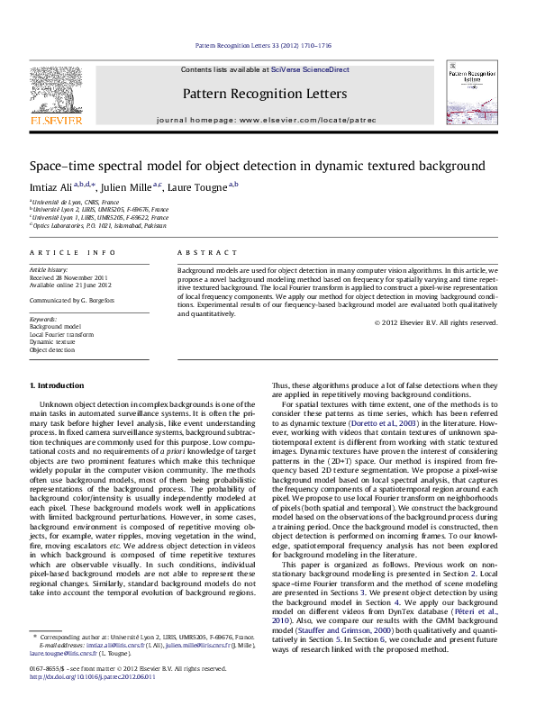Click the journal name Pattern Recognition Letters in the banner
point(264,94)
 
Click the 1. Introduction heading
point(62,385)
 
